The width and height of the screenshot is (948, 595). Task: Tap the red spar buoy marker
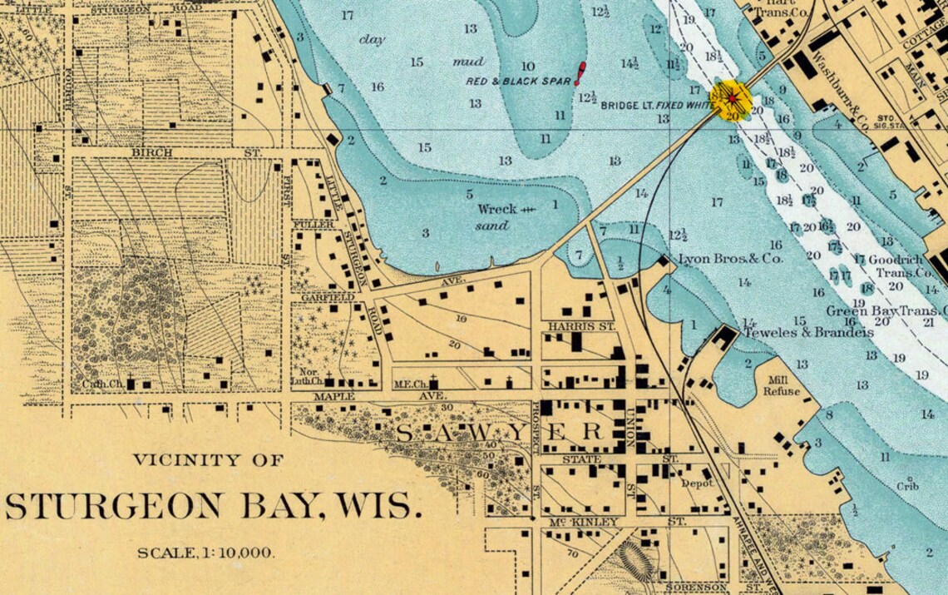[580, 73]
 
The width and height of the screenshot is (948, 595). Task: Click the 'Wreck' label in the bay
[497, 209]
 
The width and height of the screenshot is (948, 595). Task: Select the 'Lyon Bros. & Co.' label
[731, 259]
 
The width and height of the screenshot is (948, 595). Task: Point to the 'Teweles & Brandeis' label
[807, 332]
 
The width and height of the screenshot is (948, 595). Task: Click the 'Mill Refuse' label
[782, 385]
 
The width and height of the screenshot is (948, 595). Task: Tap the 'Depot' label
[697, 483]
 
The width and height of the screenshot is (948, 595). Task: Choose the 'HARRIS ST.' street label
[581, 327]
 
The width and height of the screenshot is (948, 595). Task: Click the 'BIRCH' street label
[152, 153]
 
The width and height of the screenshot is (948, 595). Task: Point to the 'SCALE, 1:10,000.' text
[205, 553]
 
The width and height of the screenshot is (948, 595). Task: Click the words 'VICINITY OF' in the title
[208, 459]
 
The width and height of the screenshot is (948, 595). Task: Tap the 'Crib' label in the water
[908, 486]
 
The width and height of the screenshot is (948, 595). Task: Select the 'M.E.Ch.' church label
[410, 384]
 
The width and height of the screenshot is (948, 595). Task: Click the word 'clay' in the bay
[372, 39]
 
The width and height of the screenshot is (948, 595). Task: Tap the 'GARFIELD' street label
[328, 297]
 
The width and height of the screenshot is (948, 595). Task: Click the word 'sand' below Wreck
[491, 226]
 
